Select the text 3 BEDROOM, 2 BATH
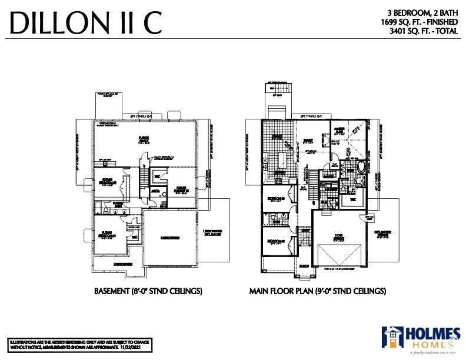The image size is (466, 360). (422, 12)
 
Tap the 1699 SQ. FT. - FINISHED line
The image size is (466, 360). (419, 22)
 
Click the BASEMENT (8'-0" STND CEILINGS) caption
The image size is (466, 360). (149, 291)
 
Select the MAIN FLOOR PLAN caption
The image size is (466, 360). (318, 291)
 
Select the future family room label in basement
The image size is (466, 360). (144, 139)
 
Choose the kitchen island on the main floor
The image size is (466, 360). (282, 159)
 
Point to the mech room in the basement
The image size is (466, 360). (157, 191)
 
